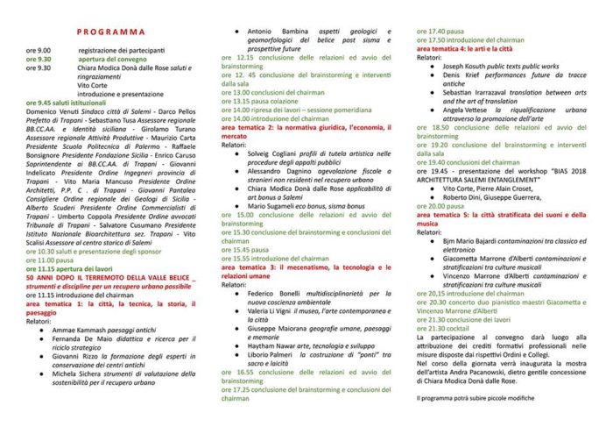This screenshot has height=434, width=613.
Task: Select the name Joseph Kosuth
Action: point(470,67)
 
